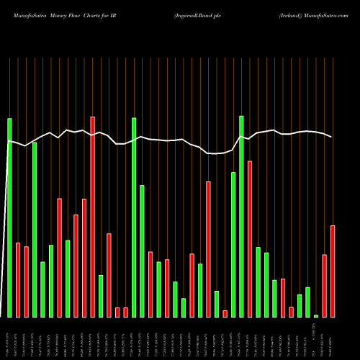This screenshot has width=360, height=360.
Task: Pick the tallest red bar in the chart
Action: [93, 217]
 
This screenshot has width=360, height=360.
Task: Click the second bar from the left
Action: [18, 280]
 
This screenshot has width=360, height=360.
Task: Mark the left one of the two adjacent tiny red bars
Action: [117, 312]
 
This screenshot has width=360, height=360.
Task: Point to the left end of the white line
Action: [8, 142]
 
